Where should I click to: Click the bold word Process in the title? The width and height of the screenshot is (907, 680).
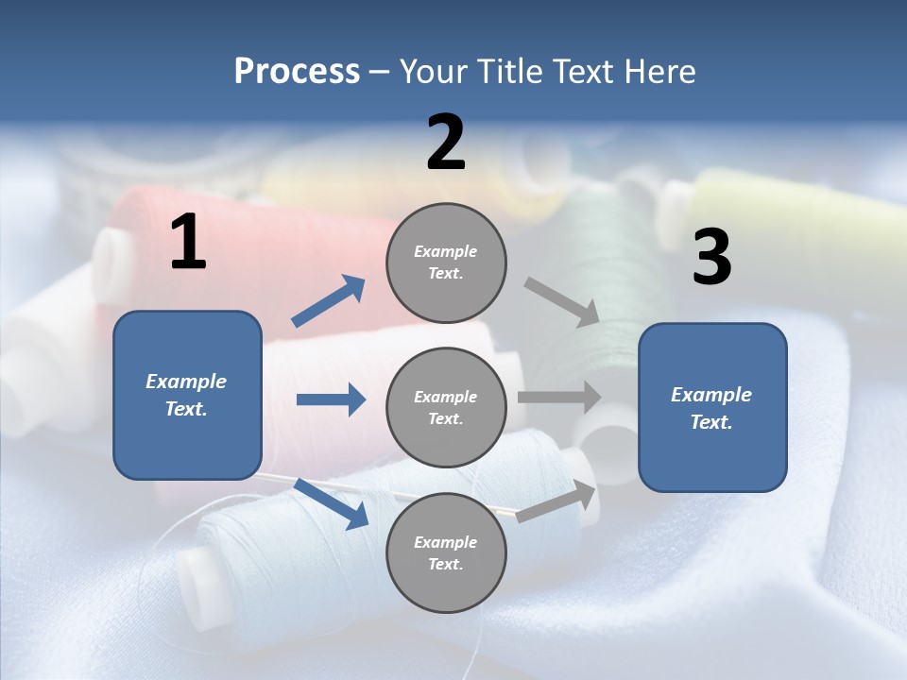297,72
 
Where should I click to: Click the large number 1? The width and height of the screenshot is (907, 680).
188,243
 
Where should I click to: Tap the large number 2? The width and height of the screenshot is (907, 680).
446,143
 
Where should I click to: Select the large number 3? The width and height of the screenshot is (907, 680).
711,258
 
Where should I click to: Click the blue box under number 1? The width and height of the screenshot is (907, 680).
187,395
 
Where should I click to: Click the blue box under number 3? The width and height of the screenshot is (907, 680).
712,407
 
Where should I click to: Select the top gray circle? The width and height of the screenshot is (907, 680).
446,263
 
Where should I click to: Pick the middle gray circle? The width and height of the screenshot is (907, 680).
446,407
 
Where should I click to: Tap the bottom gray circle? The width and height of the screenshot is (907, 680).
446,552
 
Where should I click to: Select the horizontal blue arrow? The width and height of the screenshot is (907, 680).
331,399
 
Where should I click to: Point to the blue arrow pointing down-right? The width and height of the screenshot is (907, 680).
331,503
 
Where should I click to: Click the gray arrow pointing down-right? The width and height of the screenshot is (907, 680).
562,302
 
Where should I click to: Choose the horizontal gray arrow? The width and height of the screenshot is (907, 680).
559,398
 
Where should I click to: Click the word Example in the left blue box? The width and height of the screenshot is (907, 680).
186,382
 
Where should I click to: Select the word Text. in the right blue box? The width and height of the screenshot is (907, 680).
711,422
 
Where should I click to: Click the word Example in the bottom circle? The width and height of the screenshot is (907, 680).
445,542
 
